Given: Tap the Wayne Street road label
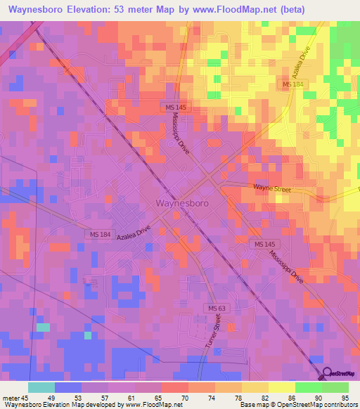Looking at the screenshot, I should point(271,188).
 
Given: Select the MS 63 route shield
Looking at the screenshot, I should point(215,309).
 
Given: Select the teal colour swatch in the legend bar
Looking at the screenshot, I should point(41,387).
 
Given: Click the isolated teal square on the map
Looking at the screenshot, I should point(43,327).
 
